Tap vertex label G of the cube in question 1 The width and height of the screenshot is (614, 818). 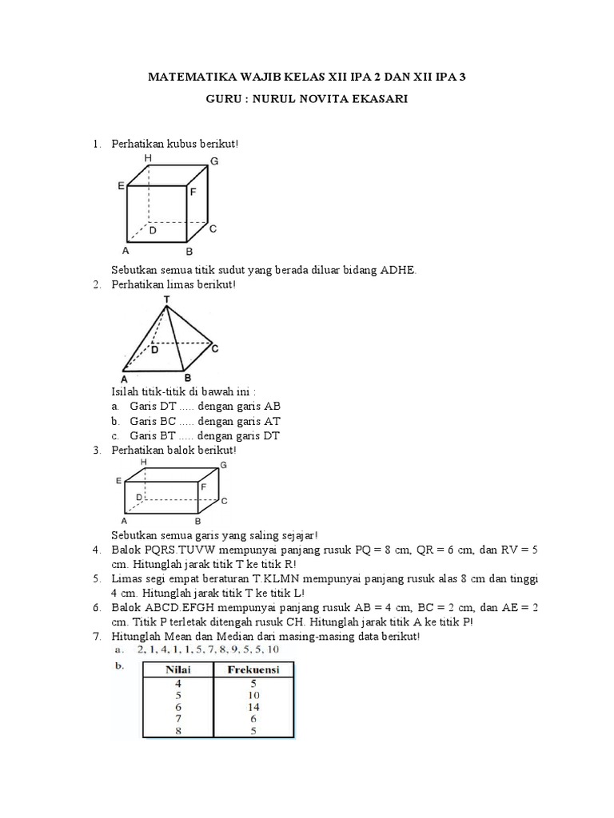(x=214, y=161)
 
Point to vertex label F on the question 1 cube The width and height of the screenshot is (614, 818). (x=193, y=193)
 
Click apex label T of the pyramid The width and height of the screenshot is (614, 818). (x=166, y=300)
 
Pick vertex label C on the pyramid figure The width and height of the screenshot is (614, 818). (x=215, y=349)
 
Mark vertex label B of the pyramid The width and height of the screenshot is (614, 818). (x=187, y=378)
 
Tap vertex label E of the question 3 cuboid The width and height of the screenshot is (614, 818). (x=118, y=481)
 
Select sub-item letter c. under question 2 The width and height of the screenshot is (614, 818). (x=116, y=435)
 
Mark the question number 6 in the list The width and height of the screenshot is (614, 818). (x=95, y=608)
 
